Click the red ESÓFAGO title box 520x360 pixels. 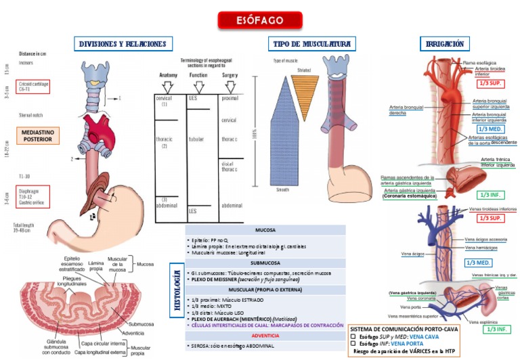(260, 20)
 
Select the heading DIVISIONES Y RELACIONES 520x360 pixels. (123, 44)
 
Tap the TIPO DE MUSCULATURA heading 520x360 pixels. (311, 44)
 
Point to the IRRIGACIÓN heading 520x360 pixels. (445, 44)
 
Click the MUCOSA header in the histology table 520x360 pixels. (265, 230)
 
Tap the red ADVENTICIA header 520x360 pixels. (265, 335)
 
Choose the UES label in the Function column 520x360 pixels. (193, 99)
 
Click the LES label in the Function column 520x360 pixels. (193, 211)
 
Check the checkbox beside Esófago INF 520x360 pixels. (353, 343)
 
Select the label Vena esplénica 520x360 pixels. (483, 322)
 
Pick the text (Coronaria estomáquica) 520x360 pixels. (410, 196)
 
